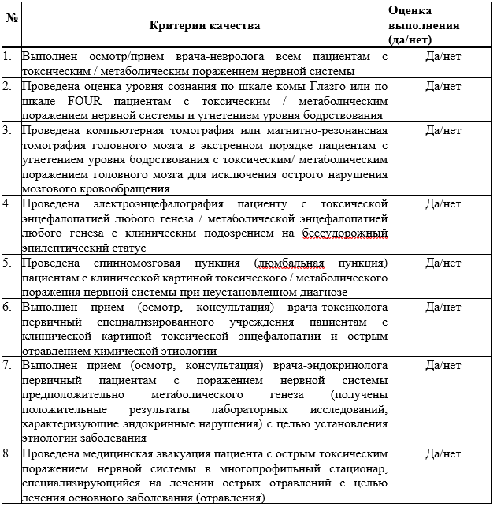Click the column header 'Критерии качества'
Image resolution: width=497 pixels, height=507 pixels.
pos(204,25)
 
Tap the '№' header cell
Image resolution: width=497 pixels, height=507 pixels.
pos(11,17)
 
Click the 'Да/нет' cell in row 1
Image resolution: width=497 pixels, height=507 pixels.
pos(442,58)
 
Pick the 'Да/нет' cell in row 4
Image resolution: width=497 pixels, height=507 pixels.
pos(442,203)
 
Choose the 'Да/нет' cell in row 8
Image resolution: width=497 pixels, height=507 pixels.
pos(442,454)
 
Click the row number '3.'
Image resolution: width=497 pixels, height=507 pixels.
pos(7,130)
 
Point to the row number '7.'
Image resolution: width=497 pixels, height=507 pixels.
pos(7,366)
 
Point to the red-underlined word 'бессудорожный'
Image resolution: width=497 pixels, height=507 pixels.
pos(339,233)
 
